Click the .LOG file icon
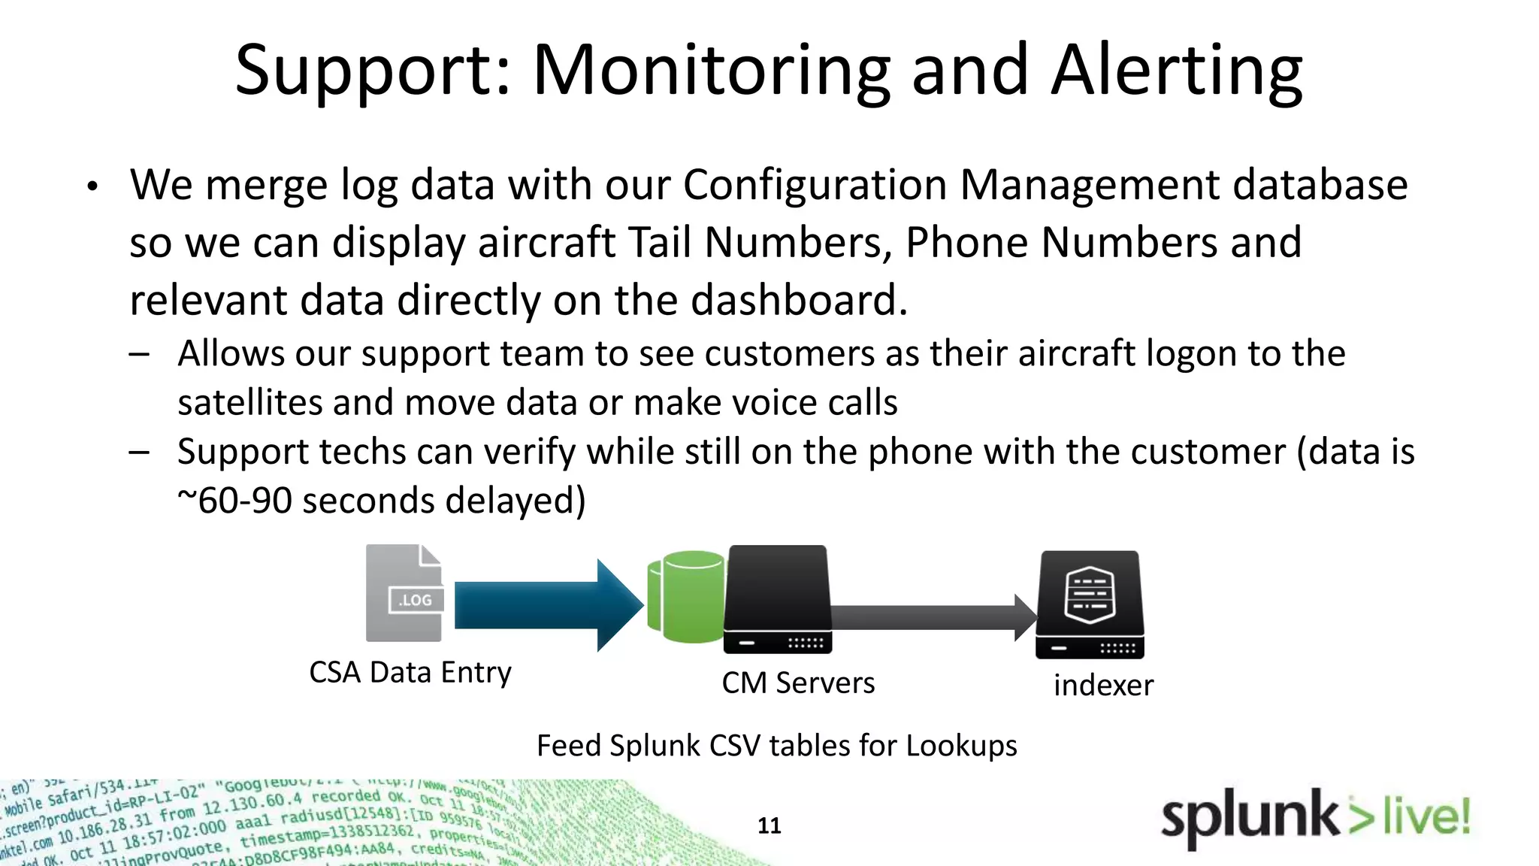(405, 593)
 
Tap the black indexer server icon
(1090, 604)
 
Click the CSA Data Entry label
(410, 672)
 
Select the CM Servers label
(798, 683)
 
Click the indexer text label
(1103, 686)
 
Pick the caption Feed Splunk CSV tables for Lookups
(776, 746)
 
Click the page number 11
(769, 825)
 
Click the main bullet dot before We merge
(92, 186)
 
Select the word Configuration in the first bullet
(815, 184)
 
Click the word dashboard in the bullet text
(798, 300)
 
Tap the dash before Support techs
(139, 453)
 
